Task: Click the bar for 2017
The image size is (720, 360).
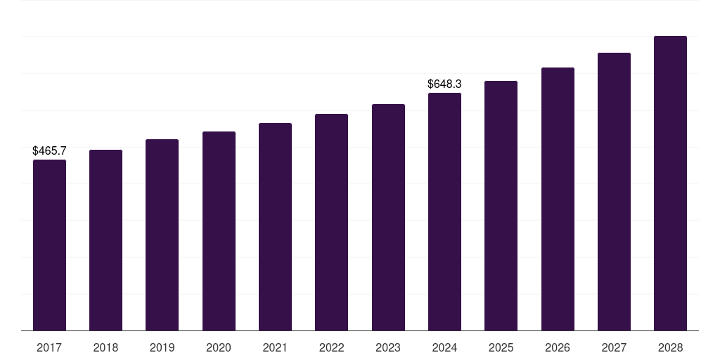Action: [x=49, y=245]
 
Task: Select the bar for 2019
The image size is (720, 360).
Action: [x=162, y=235]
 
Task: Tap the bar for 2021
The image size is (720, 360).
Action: [x=275, y=227]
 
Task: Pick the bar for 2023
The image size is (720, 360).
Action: [x=388, y=217]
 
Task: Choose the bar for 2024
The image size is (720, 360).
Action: [x=444, y=212]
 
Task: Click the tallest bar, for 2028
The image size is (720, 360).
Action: [x=670, y=184]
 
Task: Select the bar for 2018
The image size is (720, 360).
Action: [x=105, y=240]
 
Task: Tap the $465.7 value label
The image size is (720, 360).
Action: [x=49, y=150]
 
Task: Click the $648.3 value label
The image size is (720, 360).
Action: [x=444, y=84]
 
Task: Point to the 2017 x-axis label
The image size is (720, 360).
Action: [x=49, y=347]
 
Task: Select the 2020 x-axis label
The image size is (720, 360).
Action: [x=219, y=347]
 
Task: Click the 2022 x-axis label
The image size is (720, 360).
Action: [x=331, y=347]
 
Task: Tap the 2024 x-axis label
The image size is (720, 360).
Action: [x=444, y=347]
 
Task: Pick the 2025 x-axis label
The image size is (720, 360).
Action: [x=501, y=347]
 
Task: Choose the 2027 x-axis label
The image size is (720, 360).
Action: [x=614, y=347]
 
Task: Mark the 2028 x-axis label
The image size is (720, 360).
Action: [x=670, y=347]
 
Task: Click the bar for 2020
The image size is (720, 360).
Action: [x=219, y=231]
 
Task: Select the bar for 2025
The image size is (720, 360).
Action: [x=501, y=206]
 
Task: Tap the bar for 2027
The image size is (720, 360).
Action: [x=614, y=192]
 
